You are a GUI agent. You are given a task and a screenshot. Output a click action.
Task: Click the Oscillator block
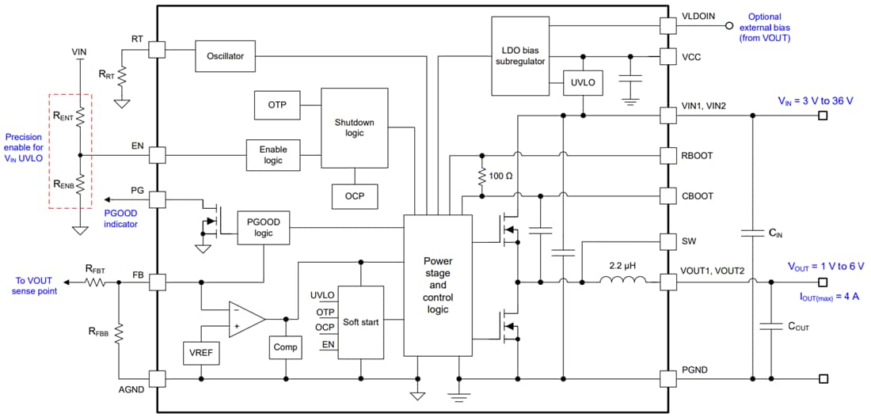(x=225, y=56)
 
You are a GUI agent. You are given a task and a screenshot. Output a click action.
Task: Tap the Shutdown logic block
(x=354, y=127)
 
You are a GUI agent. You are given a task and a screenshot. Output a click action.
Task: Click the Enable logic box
(x=273, y=154)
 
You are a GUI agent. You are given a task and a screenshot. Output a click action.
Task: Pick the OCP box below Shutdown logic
(x=354, y=195)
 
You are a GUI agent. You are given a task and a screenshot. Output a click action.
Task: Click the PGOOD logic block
(x=264, y=228)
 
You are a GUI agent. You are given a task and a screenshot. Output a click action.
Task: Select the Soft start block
(x=360, y=322)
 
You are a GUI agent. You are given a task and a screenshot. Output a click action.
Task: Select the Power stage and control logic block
(x=437, y=285)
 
